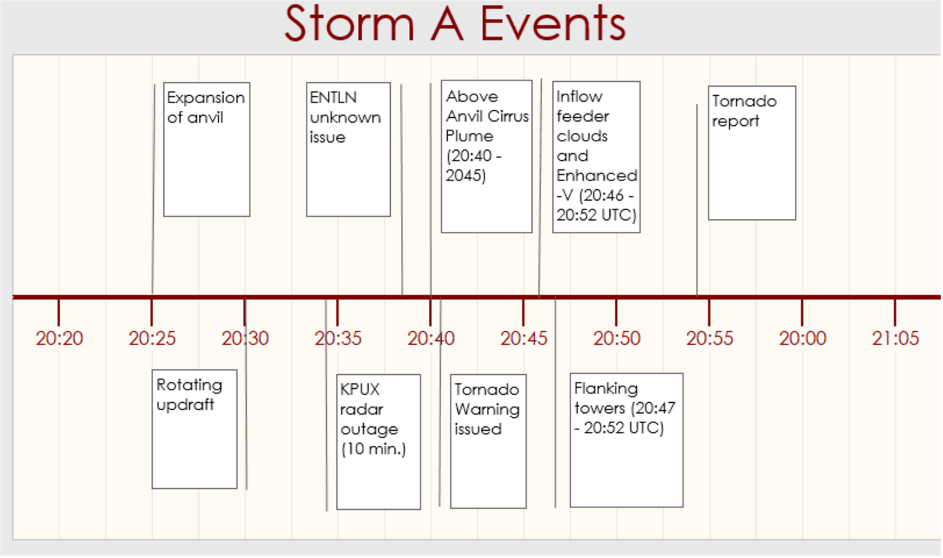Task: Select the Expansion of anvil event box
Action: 206,149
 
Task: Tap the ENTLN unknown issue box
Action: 348,149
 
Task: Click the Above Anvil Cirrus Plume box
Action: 486,156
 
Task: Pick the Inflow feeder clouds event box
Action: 597,157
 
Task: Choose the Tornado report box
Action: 752,153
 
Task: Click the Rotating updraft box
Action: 194,429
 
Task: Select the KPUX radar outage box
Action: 379,441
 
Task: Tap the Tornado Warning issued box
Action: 488,441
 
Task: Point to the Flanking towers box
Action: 627,440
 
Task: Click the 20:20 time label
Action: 60,338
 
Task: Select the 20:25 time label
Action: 152,338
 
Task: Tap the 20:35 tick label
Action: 338,338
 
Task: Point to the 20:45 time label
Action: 524,338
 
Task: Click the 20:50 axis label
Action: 617,338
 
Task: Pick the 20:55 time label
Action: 710,338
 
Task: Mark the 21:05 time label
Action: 896,338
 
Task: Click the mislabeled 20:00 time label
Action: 803,338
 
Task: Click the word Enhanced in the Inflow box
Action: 597,175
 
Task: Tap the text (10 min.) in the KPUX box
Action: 374,449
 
